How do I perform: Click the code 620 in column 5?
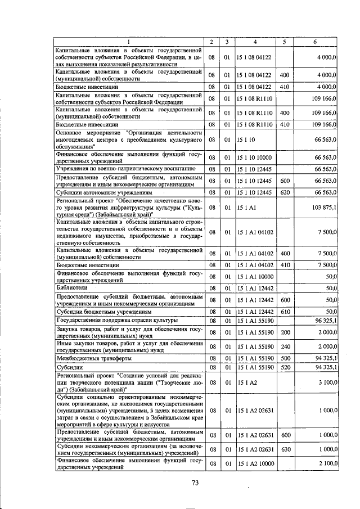click(x=285, y=192)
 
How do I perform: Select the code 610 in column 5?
click(x=285, y=310)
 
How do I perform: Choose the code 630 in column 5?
click(x=285, y=449)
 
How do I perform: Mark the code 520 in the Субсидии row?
click(x=285, y=367)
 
